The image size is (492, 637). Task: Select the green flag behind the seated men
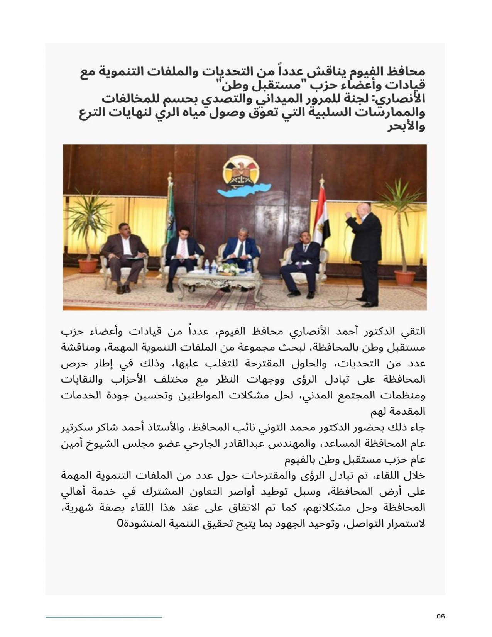[170, 216]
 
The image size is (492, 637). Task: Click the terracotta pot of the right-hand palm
[404, 277]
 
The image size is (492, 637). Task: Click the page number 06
[441, 616]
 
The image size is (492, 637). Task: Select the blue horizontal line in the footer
[104, 617]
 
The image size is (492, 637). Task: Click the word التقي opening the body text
[414, 332]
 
